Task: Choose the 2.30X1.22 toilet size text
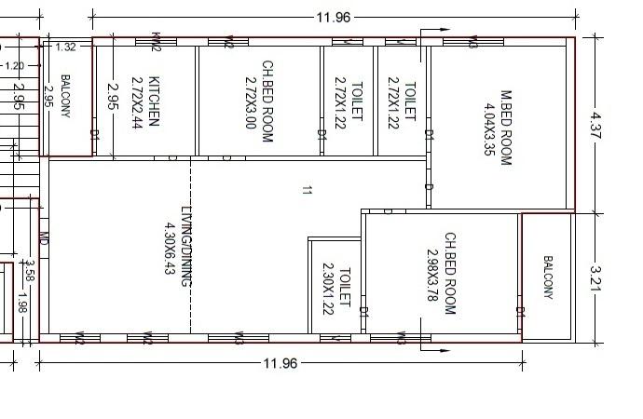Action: [x=328, y=291]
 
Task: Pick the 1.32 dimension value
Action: [x=65, y=47]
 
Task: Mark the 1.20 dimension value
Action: [x=15, y=66]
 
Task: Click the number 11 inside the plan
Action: [x=307, y=191]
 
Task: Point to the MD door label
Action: [x=43, y=239]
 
